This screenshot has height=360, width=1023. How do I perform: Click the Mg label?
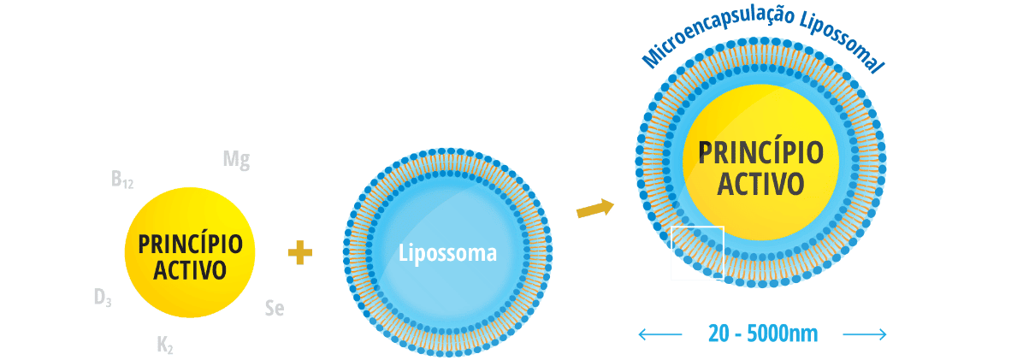coord(236,160)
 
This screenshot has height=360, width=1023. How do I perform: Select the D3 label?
coord(103,298)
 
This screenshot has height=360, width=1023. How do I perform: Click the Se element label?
coord(274,309)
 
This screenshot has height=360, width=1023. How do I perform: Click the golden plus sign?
coord(299,252)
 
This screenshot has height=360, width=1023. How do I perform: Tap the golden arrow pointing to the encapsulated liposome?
coord(595,208)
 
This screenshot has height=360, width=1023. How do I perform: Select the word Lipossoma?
coord(448,253)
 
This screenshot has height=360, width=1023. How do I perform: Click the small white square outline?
coord(697,253)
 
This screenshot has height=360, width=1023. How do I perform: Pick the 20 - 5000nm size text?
coord(763,333)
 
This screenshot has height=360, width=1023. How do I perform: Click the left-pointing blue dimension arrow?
coord(660,333)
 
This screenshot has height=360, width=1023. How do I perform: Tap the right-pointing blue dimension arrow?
coord(865,333)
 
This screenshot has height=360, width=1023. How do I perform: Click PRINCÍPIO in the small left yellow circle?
coord(190,245)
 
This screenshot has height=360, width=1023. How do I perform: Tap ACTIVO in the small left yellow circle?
coord(190,269)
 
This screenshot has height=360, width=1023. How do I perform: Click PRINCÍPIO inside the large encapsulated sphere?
coord(761,153)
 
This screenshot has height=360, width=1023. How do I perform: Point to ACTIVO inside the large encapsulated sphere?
coord(761,184)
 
